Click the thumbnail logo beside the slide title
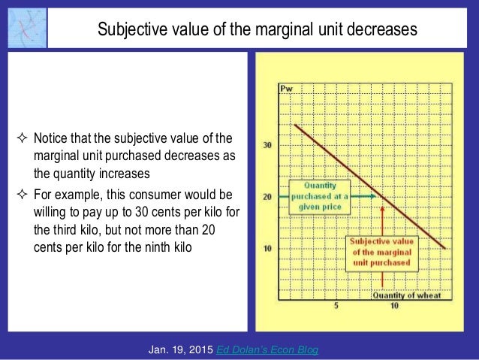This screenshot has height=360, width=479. (x=25, y=28)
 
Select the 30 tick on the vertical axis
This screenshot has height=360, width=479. (x=267, y=145)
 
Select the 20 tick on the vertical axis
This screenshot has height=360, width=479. (x=267, y=197)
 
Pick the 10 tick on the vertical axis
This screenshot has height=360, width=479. (x=267, y=249)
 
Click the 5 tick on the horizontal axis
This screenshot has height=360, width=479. (x=336, y=307)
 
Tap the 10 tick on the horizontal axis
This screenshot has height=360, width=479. (x=393, y=307)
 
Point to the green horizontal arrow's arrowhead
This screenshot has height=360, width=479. (x=372, y=197)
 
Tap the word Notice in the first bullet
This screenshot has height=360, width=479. (x=52, y=138)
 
